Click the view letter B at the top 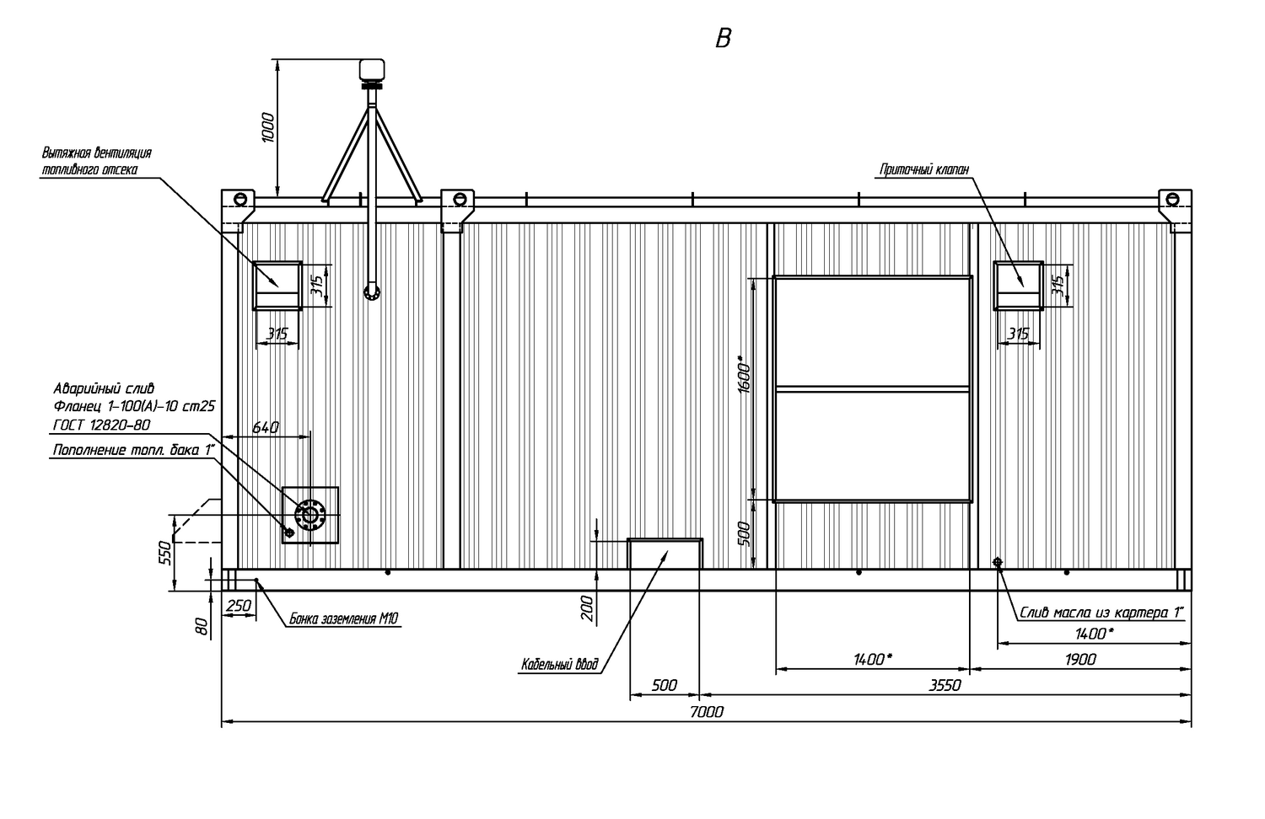pos(723,39)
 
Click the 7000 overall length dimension pos(707,712)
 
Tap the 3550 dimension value pos(945,685)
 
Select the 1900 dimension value pos(1080,660)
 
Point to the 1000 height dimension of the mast pos(268,127)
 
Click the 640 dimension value pos(266,427)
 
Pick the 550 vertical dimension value pos(165,553)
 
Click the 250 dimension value pos(239,606)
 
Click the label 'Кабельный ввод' pos(560,665)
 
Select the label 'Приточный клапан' pos(924,169)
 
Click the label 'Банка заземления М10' pos(344,618)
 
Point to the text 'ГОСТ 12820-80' pos(102,425)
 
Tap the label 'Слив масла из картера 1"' pos(1101,613)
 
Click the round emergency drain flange pos(310,515)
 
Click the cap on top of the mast pos(372,69)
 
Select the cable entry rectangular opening pos(665,554)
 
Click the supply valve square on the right pos(1018,286)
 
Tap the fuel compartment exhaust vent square pos(277,286)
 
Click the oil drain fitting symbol pos(998,562)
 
